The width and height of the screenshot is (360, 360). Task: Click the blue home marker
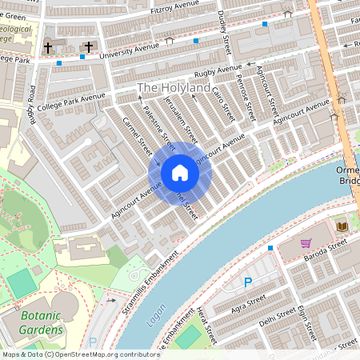(179, 173)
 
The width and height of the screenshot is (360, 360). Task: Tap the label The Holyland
(174, 87)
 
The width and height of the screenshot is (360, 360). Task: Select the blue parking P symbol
(248, 282)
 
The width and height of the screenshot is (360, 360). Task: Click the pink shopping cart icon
(306, 243)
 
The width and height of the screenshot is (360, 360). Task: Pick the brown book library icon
(342, 227)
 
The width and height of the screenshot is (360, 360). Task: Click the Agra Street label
(246, 305)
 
